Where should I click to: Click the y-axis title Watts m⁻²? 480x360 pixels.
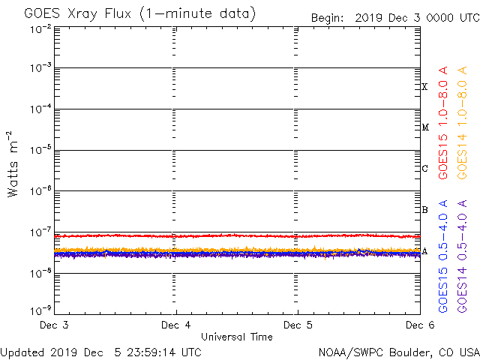[13, 163]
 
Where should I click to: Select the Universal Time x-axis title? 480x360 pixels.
[236, 337]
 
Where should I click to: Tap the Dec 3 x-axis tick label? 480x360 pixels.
[55, 325]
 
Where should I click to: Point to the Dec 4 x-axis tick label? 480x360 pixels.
[176, 325]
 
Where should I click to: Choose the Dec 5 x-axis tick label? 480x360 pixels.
[298, 325]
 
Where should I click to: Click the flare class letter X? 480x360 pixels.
[424, 87]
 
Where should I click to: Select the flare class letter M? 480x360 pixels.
[424, 127]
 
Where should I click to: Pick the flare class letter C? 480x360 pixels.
[424, 169]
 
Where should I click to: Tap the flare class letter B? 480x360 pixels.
[424, 210]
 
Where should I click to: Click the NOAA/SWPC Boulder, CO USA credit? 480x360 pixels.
[398, 352]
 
